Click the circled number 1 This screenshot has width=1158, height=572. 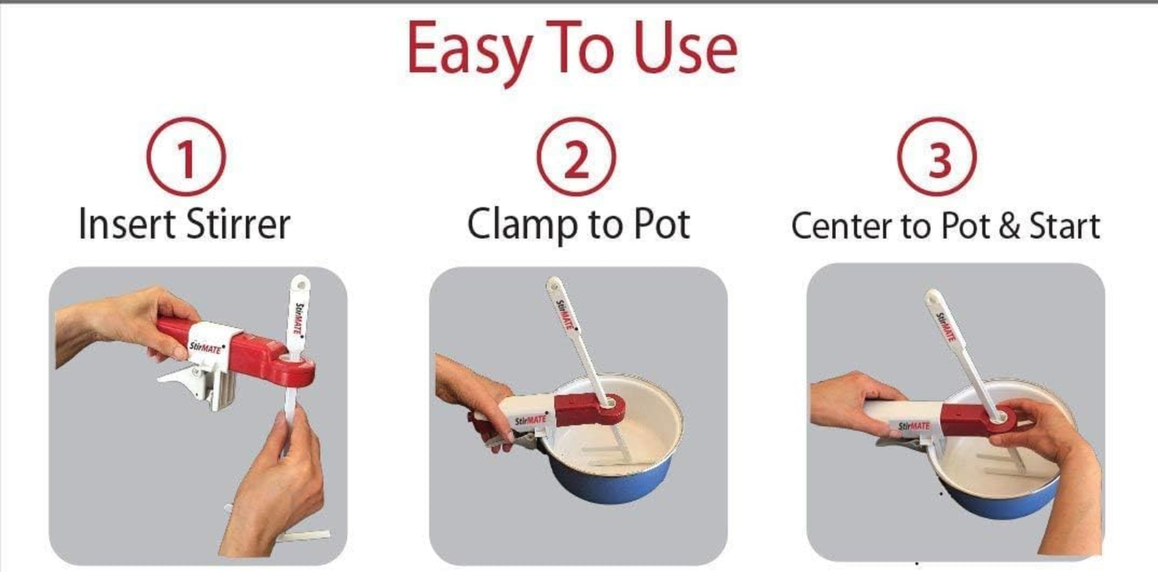click(x=186, y=157)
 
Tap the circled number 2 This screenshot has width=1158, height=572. click(x=576, y=157)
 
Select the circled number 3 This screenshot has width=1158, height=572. click(x=938, y=157)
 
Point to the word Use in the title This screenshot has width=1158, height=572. click(x=686, y=49)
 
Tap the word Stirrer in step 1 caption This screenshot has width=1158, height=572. click(x=238, y=224)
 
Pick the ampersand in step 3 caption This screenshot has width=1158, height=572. click(x=1009, y=226)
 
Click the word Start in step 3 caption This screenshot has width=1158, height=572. click(x=1064, y=226)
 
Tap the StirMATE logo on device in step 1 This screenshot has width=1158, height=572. click(x=206, y=348)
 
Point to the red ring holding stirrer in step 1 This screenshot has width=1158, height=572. click(x=293, y=368)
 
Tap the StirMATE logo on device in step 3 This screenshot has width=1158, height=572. click(x=914, y=427)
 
